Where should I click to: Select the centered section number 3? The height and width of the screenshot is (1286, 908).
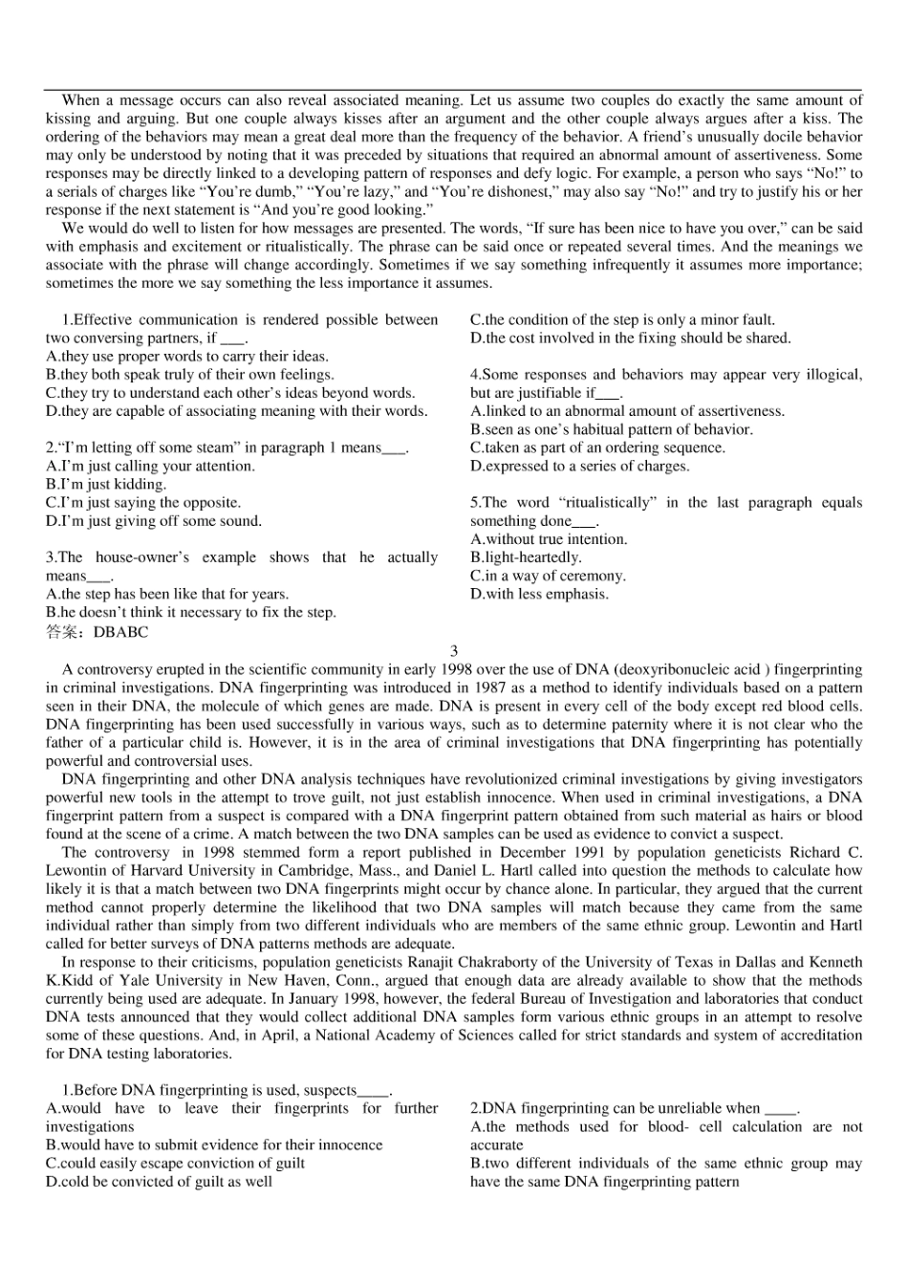[x=454, y=651]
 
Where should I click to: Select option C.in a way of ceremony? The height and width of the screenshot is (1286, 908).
[x=548, y=576]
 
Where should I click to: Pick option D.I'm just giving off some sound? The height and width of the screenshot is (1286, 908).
[x=153, y=521]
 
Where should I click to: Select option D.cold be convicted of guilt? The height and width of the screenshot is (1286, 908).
[x=159, y=1182]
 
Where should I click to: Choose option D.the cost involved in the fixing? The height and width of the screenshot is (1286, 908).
[x=631, y=338]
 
